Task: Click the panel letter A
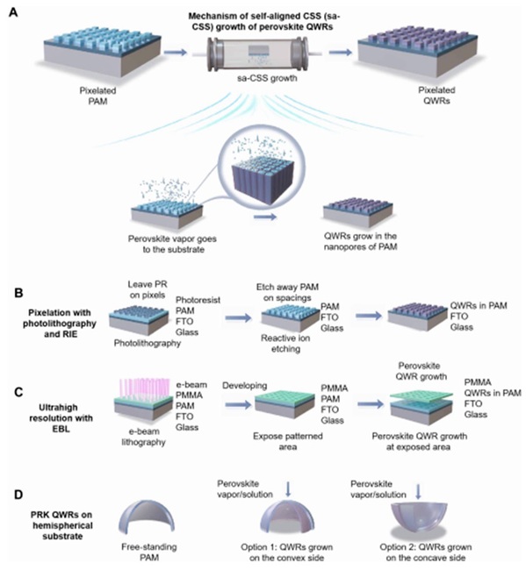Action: (13, 12)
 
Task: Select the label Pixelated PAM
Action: (98, 96)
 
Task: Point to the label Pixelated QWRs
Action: (436, 96)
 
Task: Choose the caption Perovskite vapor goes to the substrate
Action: (172, 244)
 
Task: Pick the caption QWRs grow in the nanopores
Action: (360, 241)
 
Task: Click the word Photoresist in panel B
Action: (198, 300)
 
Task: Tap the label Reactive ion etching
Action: (285, 344)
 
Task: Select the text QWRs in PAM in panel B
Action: (479, 306)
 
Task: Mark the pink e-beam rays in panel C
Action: (145, 388)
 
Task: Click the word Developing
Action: (245, 385)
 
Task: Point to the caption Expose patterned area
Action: (288, 441)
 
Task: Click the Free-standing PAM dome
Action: (147, 518)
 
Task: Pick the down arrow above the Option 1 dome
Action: (288, 489)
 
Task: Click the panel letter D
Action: (18, 495)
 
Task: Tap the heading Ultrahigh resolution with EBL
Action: (61, 418)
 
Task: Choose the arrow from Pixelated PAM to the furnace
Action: (175, 53)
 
